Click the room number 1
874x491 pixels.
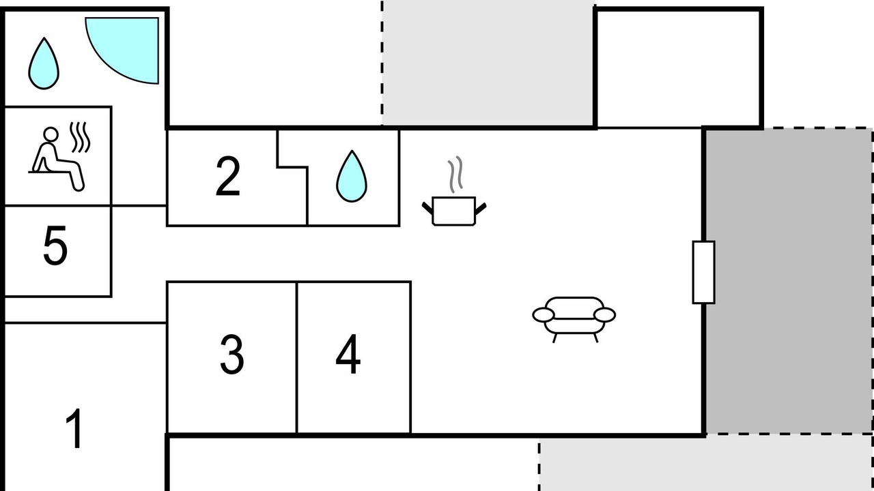tap(74, 429)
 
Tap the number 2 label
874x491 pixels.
tap(228, 176)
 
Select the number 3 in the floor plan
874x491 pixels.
tap(231, 354)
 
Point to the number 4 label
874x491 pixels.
tap(348, 354)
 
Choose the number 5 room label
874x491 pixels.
tap(55, 246)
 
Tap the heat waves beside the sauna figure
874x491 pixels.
tap(80, 137)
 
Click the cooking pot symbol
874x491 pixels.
tap(454, 211)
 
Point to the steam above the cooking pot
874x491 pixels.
tap(455, 175)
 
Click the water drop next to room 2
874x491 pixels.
tap(352, 176)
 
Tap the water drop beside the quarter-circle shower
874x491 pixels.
tap(44, 63)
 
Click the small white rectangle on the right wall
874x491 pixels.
tap(703, 272)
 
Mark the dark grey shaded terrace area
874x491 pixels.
tap(788, 280)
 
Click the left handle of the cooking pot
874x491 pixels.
tap(428, 208)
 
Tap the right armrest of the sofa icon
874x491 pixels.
tap(604, 315)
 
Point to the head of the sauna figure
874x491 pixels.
tap(51, 134)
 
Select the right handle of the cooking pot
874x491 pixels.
tap(481, 209)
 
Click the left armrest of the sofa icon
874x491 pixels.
tap(543, 315)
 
